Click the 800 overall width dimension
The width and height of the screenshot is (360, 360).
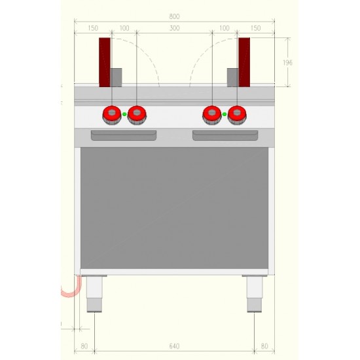pos(174,16)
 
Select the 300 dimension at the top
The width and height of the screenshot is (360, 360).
pos(175,28)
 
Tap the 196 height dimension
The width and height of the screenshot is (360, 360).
pos(287,62)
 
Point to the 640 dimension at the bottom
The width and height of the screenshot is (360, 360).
pos(174,346)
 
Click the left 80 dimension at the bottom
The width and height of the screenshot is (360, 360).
pos(84,346)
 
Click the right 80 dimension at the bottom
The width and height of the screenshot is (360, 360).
pos(264,346)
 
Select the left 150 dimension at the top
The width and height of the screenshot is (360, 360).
pos(93,28)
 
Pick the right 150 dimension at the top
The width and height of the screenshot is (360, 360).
pos(255,28)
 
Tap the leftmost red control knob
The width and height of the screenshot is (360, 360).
pos(112,115)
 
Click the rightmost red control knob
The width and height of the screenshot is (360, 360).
pos(237,115)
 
